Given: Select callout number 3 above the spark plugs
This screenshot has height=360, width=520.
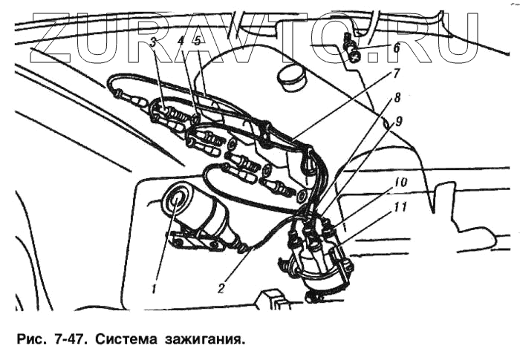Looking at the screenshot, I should [x=152, y=42].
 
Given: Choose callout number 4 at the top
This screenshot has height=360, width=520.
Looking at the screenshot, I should [x=181, y=42].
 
